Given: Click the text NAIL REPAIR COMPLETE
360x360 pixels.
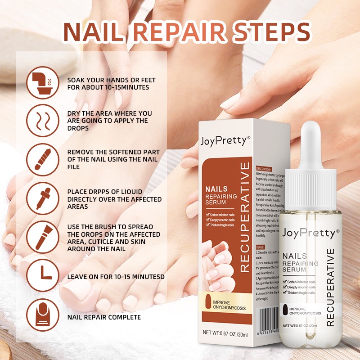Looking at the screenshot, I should (x=104, y=317).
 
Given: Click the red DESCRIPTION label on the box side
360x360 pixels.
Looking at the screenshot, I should (x=263, y=169).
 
